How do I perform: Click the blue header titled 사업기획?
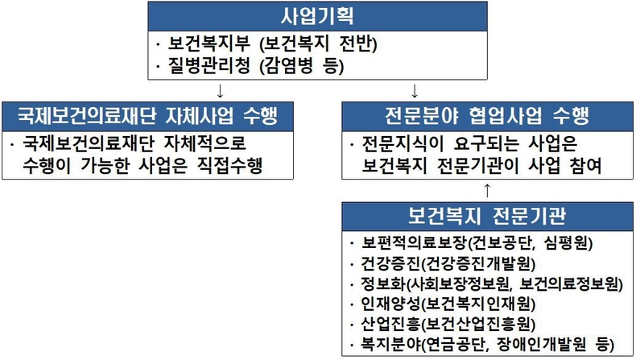coord(317,16)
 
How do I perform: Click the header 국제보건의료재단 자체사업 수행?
coord(147,117)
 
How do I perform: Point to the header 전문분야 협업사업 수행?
coord(487,117)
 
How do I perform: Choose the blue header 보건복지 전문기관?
coord(487,217)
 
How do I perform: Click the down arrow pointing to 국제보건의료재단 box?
coord(220,91)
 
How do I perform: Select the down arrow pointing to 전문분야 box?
coord(414,91)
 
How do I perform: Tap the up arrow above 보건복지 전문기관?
coord(487,191)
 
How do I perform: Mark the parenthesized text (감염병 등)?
coord(302,66)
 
